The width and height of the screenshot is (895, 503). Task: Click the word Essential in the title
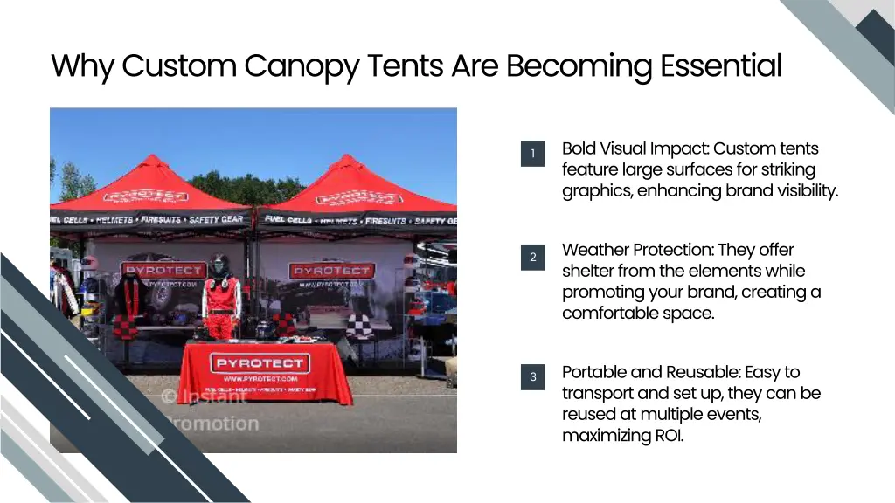[720, 65]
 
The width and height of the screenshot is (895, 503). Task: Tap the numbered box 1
[532, 154]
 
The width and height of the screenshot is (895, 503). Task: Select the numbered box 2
[532, 257]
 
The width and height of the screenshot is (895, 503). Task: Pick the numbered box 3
[532, 377]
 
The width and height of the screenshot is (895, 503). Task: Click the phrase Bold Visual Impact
[635, 148]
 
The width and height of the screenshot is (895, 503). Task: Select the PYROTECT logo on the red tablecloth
[259, 362]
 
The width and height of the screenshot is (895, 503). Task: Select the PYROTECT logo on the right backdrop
[330, 271]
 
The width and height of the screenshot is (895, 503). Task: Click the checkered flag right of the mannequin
[284, 325]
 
